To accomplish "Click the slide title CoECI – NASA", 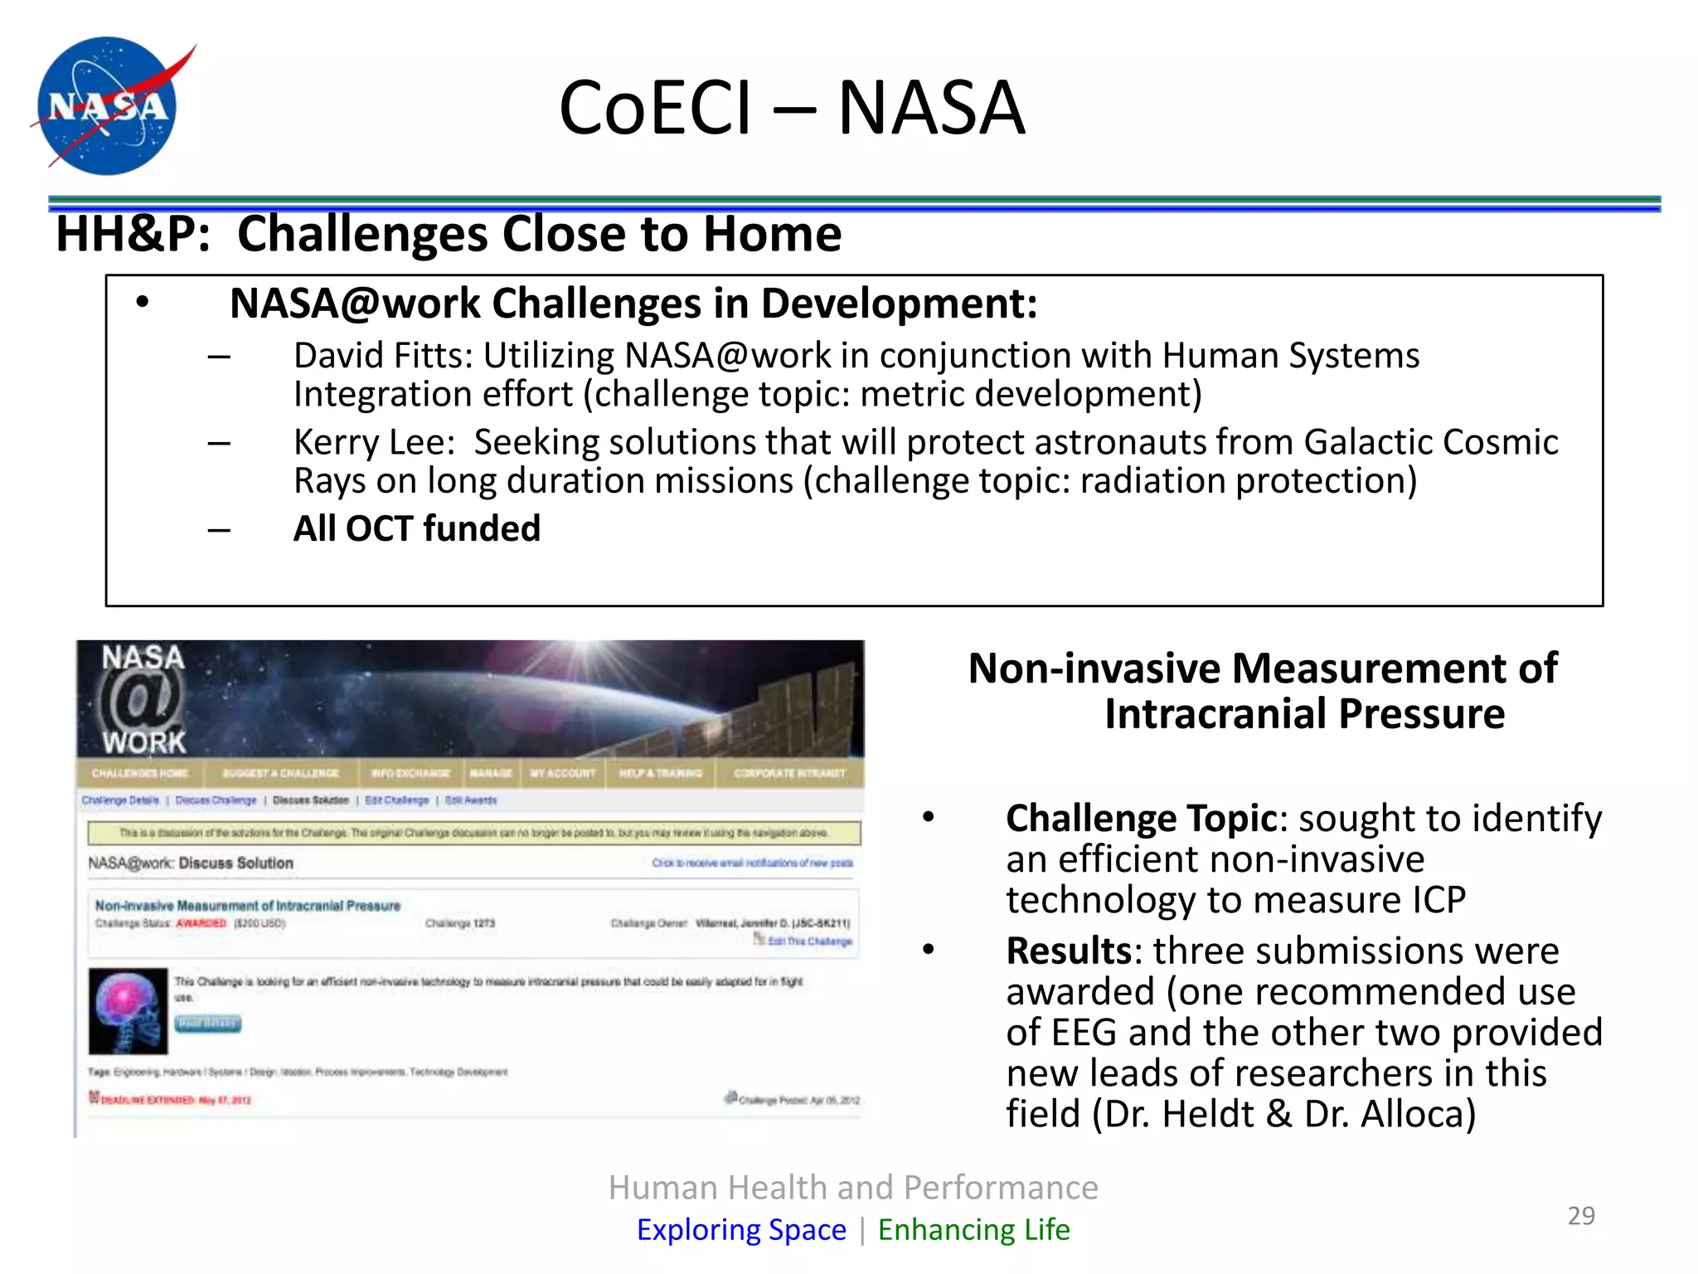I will tap(792, 108).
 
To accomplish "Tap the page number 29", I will tap(1580, 1215).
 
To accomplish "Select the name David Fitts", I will tap(382, 356).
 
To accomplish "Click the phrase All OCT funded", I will tap(416, 528).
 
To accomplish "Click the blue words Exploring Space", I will tap(741, 1229).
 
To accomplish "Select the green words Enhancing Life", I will tap(973, 1229).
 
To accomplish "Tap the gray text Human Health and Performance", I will tap(852, 1188).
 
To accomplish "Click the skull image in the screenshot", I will tap(128, 1010).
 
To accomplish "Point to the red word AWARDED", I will tap(201, 923).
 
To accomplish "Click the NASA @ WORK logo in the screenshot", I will tap(143, 700).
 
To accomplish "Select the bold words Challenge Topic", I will tap(1141, 819).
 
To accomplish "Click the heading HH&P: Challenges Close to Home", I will tap(448, 234).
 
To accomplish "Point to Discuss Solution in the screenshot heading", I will tap(236, 863).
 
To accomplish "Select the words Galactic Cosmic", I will tap(1430, 442).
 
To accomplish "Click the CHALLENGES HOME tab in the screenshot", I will tap(140, 773).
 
